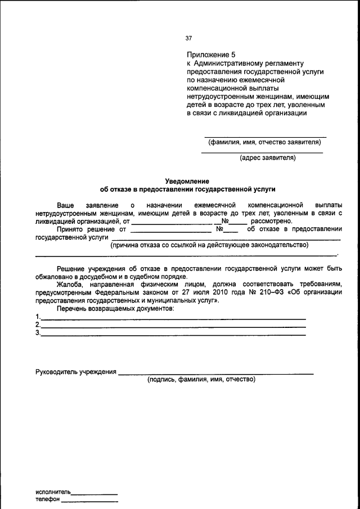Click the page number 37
click(x=188, y=38)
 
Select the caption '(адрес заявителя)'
click(x=268, y=158)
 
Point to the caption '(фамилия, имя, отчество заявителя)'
click(x=264, y=142)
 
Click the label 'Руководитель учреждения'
click(x=76, y=372)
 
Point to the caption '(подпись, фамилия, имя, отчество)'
click(x=201, y=380)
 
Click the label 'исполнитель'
click(x=53, y=492)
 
